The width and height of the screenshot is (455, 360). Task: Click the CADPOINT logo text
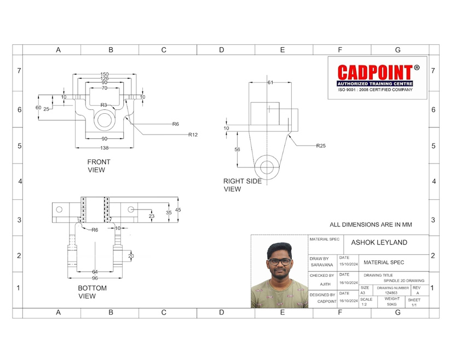(x=375, y=72)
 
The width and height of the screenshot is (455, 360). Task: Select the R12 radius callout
(x=193, y=135)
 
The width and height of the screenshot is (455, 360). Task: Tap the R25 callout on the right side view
(x=321, y=146)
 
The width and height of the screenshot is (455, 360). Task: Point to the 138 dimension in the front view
(x=105, y=148)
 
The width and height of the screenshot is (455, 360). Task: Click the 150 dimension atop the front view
(x=105, y=74)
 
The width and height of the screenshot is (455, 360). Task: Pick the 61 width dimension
(x=270, y=83)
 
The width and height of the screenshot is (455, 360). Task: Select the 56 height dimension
(x=238, y=149)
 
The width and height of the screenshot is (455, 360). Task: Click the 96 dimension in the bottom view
(x=95, y=278)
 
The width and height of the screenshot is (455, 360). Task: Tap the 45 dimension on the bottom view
(x=178, y=210)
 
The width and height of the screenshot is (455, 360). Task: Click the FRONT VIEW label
(x=99, y=166)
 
